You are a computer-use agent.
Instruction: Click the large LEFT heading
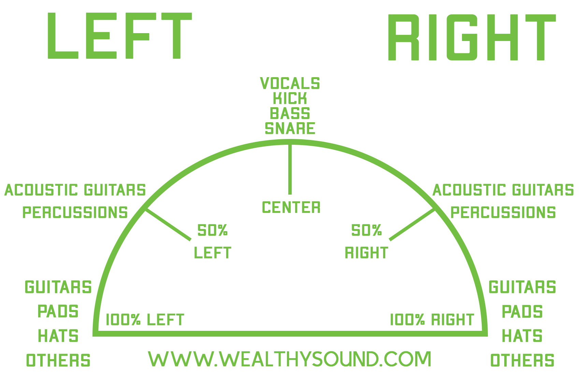(119, 36)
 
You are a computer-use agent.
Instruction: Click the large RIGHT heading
(472, 38)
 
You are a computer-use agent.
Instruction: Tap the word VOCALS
(290, 84)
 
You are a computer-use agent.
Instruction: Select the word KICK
(290, 99)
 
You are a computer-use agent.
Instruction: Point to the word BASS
(290, 113)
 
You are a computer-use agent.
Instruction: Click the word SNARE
(290, 128)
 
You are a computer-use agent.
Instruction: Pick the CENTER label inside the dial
(291, 208)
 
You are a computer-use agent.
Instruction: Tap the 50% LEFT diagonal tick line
(168, 225)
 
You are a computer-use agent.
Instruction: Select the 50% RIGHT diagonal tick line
(412, 225)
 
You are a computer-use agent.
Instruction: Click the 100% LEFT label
(145, 320)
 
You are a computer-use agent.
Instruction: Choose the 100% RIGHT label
(432, 320)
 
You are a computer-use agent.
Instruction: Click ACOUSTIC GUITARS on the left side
(75, 190)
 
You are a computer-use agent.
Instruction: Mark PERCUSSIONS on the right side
(503, 213)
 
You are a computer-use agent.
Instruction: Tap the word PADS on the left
(58, 312)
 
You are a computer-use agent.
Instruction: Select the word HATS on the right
(522, 336)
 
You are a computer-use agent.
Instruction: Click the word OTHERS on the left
(58, 361)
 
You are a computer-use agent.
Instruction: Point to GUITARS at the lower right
(522, 287)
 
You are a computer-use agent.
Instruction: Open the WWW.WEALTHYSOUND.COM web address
(290, 359)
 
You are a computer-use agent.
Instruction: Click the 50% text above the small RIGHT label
(366, 231)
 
